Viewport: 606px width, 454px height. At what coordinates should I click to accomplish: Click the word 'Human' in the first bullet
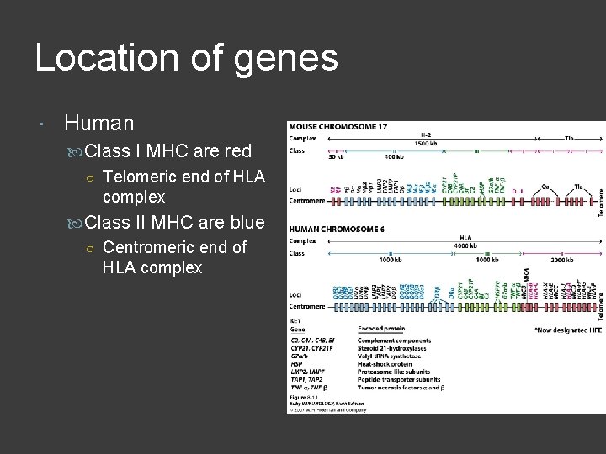(x=98, y=124)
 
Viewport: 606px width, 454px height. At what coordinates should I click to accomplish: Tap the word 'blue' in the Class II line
(x=244, y=223)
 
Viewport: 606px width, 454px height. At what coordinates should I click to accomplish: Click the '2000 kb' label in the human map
(x=573, y=261)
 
